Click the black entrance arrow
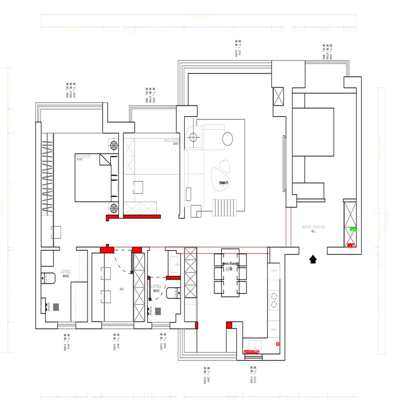pos(312,259)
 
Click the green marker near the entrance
pos(353,229)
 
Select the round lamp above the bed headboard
pos(114,144)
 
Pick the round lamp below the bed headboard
pos(114,208)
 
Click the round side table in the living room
pos(228,139)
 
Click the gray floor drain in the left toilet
pos(55,306)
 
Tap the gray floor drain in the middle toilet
pos(158,311)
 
